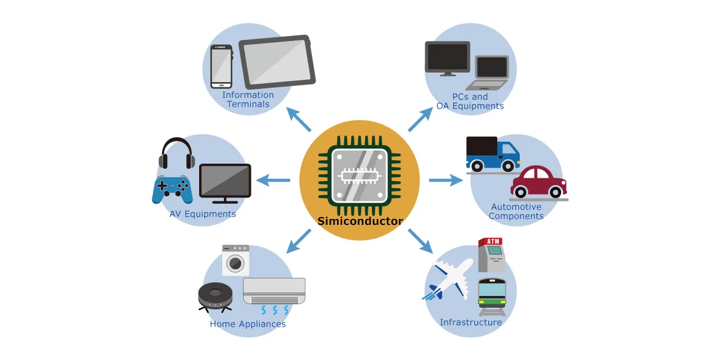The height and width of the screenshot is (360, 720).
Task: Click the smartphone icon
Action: click(x=221, y=66)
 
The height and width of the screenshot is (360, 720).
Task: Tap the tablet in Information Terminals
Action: click(x=277, y=61)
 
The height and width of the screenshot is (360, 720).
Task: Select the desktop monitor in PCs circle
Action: click(x=447, y=58)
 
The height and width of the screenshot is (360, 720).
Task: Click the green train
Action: click(x=492, y=296)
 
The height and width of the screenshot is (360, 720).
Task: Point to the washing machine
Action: click(x=236, y=260)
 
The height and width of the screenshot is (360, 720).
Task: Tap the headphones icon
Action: click(x=177, y=153)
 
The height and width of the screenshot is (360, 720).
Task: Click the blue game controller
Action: click(x=172, y=189)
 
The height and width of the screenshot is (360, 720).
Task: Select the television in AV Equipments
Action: click(x=225, y=183)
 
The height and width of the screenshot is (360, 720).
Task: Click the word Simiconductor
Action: click(x=360, y=221)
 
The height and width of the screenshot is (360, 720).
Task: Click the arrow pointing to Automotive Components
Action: click(x=445, y=181)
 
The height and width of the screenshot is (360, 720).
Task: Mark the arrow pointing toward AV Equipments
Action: click(x=273, y=181)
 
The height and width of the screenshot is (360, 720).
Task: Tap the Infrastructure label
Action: click(x=471, y=322)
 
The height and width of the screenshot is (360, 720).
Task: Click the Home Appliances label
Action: click(x=247, y=324)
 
